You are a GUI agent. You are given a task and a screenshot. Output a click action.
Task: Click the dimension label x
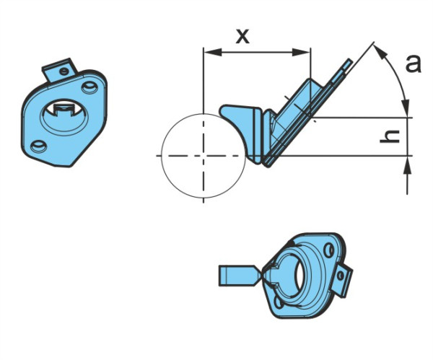(x=242, y=37)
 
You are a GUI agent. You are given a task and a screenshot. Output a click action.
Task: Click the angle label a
(x=414, y=64)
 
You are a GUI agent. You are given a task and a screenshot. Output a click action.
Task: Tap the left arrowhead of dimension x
(x=213, y=52)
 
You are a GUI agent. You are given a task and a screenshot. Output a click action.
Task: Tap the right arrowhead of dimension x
(x=301, y=52)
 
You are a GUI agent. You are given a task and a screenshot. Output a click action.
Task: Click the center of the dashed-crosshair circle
(x=204, y=156)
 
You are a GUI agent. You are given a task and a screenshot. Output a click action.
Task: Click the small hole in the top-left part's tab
(x=64, y=71)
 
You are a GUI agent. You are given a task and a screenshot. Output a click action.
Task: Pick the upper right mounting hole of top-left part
(x=89, y=87)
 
